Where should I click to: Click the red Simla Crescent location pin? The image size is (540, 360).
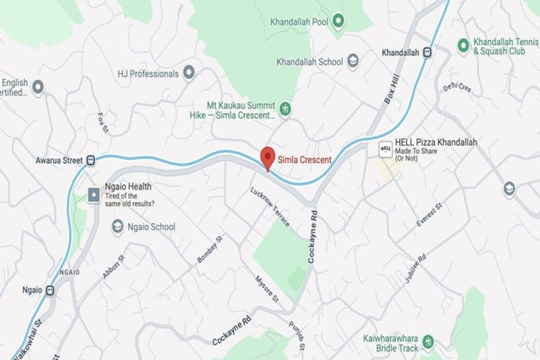click(x=267, y=157)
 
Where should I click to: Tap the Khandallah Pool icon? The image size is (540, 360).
click(x=338, y=21)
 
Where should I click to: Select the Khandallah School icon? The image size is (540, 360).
click(x=353, y=61)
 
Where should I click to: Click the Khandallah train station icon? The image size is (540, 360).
click(x=427, y=52)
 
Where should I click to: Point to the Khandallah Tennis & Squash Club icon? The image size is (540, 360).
click(x=463, y=46)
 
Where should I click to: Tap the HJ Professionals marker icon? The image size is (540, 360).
click(x=188, y=73)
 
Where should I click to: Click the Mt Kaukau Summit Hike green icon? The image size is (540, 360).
click(x=285, y=109)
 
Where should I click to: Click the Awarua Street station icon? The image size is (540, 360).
click(x=91, y=160)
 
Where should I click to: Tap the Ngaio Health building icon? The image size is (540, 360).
click(x=94, y=195)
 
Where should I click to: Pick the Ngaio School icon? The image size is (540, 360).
click(x=117, y=226)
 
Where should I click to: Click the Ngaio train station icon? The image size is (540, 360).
click(x=50, y=290)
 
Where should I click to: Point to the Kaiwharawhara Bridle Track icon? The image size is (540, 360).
click(x=427, y=343)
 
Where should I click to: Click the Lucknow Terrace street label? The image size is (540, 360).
click(x=270, y=207)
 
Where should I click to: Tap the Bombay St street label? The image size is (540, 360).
click(x=210, y=250)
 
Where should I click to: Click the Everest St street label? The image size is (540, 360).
click(x=428, y=214)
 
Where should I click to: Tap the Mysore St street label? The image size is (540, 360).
click(x=266, y=289)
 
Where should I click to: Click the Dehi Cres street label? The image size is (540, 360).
click(x=457, y=87)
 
